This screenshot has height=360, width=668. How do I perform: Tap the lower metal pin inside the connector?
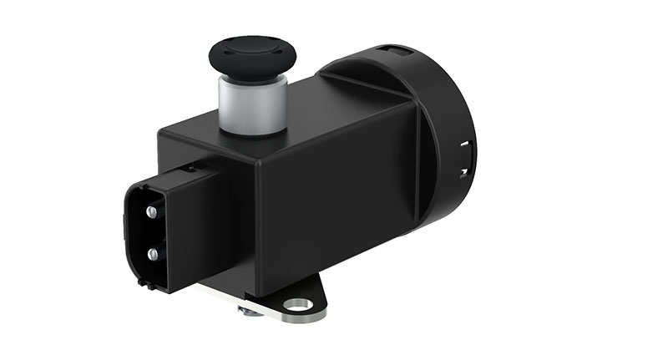152,252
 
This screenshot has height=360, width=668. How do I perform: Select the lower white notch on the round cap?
464,173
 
